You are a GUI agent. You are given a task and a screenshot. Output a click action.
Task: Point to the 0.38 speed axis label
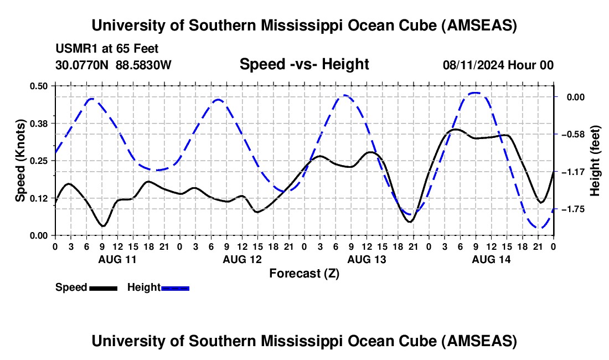coord(39,123)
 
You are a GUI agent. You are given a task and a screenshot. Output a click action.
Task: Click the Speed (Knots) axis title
coord(20,161)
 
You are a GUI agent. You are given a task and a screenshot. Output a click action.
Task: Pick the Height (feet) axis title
coord(595,161)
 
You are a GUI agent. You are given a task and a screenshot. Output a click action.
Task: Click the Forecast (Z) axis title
coord(304,273)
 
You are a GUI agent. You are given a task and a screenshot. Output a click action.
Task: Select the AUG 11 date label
coord(117,259)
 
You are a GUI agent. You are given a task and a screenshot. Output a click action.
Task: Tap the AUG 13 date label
coord(366,259)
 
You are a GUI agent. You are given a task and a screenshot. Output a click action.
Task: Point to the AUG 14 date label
coord(491,259)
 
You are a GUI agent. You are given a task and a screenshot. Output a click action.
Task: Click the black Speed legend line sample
coord(103,287)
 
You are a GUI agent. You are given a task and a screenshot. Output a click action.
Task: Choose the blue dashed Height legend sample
coord(175,287)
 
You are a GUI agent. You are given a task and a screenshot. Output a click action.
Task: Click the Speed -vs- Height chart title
coord(304,64)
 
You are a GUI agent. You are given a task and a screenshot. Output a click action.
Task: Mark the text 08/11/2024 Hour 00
coord(498,65)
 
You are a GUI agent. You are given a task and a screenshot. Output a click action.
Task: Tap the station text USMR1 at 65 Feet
coord(107,49)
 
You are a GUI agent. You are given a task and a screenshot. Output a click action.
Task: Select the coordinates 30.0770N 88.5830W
coord(113,65)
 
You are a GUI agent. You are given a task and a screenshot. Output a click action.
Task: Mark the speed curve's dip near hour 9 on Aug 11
coord(102,226)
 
